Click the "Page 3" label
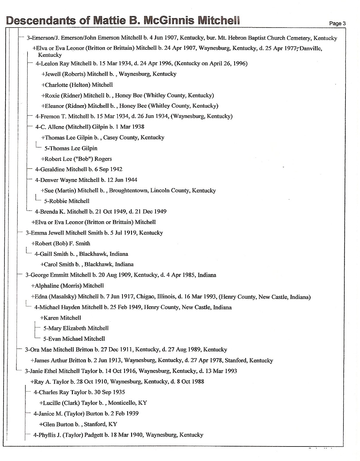337,24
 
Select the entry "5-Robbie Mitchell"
67,201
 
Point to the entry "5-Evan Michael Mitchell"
74,339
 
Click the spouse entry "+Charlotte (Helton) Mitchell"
77,85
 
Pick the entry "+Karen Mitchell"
60,318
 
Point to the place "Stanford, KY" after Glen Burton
100,424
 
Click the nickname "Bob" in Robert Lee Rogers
83,159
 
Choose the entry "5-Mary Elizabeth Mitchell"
76,328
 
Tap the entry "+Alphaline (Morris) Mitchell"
67,286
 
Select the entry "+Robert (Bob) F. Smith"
61,244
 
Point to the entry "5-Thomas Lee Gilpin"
70,148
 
